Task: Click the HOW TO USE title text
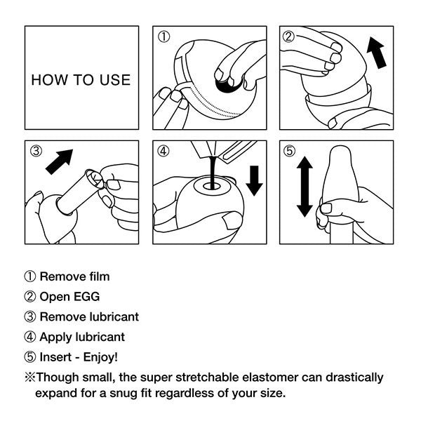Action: click(81, 79)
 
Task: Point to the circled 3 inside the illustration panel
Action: click(36, 151)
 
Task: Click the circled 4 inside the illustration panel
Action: click(164, 151)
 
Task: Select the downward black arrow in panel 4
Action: click(254, 180)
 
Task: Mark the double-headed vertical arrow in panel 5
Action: click(304, 187)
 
